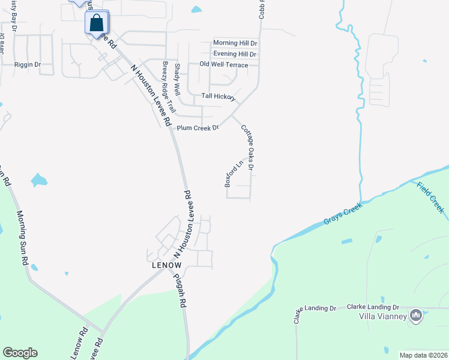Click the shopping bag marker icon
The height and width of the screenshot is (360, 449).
(x=97, y=24)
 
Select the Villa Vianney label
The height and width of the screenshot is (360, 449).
(x=383, y=316)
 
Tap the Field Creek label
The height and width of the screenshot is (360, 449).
(x=431, y=197)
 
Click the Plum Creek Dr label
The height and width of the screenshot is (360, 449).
(x=197, y=128)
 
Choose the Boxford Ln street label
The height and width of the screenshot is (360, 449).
(x=234, y=173)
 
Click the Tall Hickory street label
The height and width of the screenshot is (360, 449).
(x=218, y=96)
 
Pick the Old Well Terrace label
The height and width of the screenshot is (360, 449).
(x=224, y=65)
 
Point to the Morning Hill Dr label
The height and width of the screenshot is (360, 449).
(x=235, y=43)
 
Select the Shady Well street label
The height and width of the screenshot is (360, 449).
(x=177, y=80)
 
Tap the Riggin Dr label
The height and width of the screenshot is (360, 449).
(x=28, y=64)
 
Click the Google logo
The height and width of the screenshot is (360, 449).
(x=20, y=353)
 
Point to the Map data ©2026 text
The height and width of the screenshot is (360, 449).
(x=423, y=355)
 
